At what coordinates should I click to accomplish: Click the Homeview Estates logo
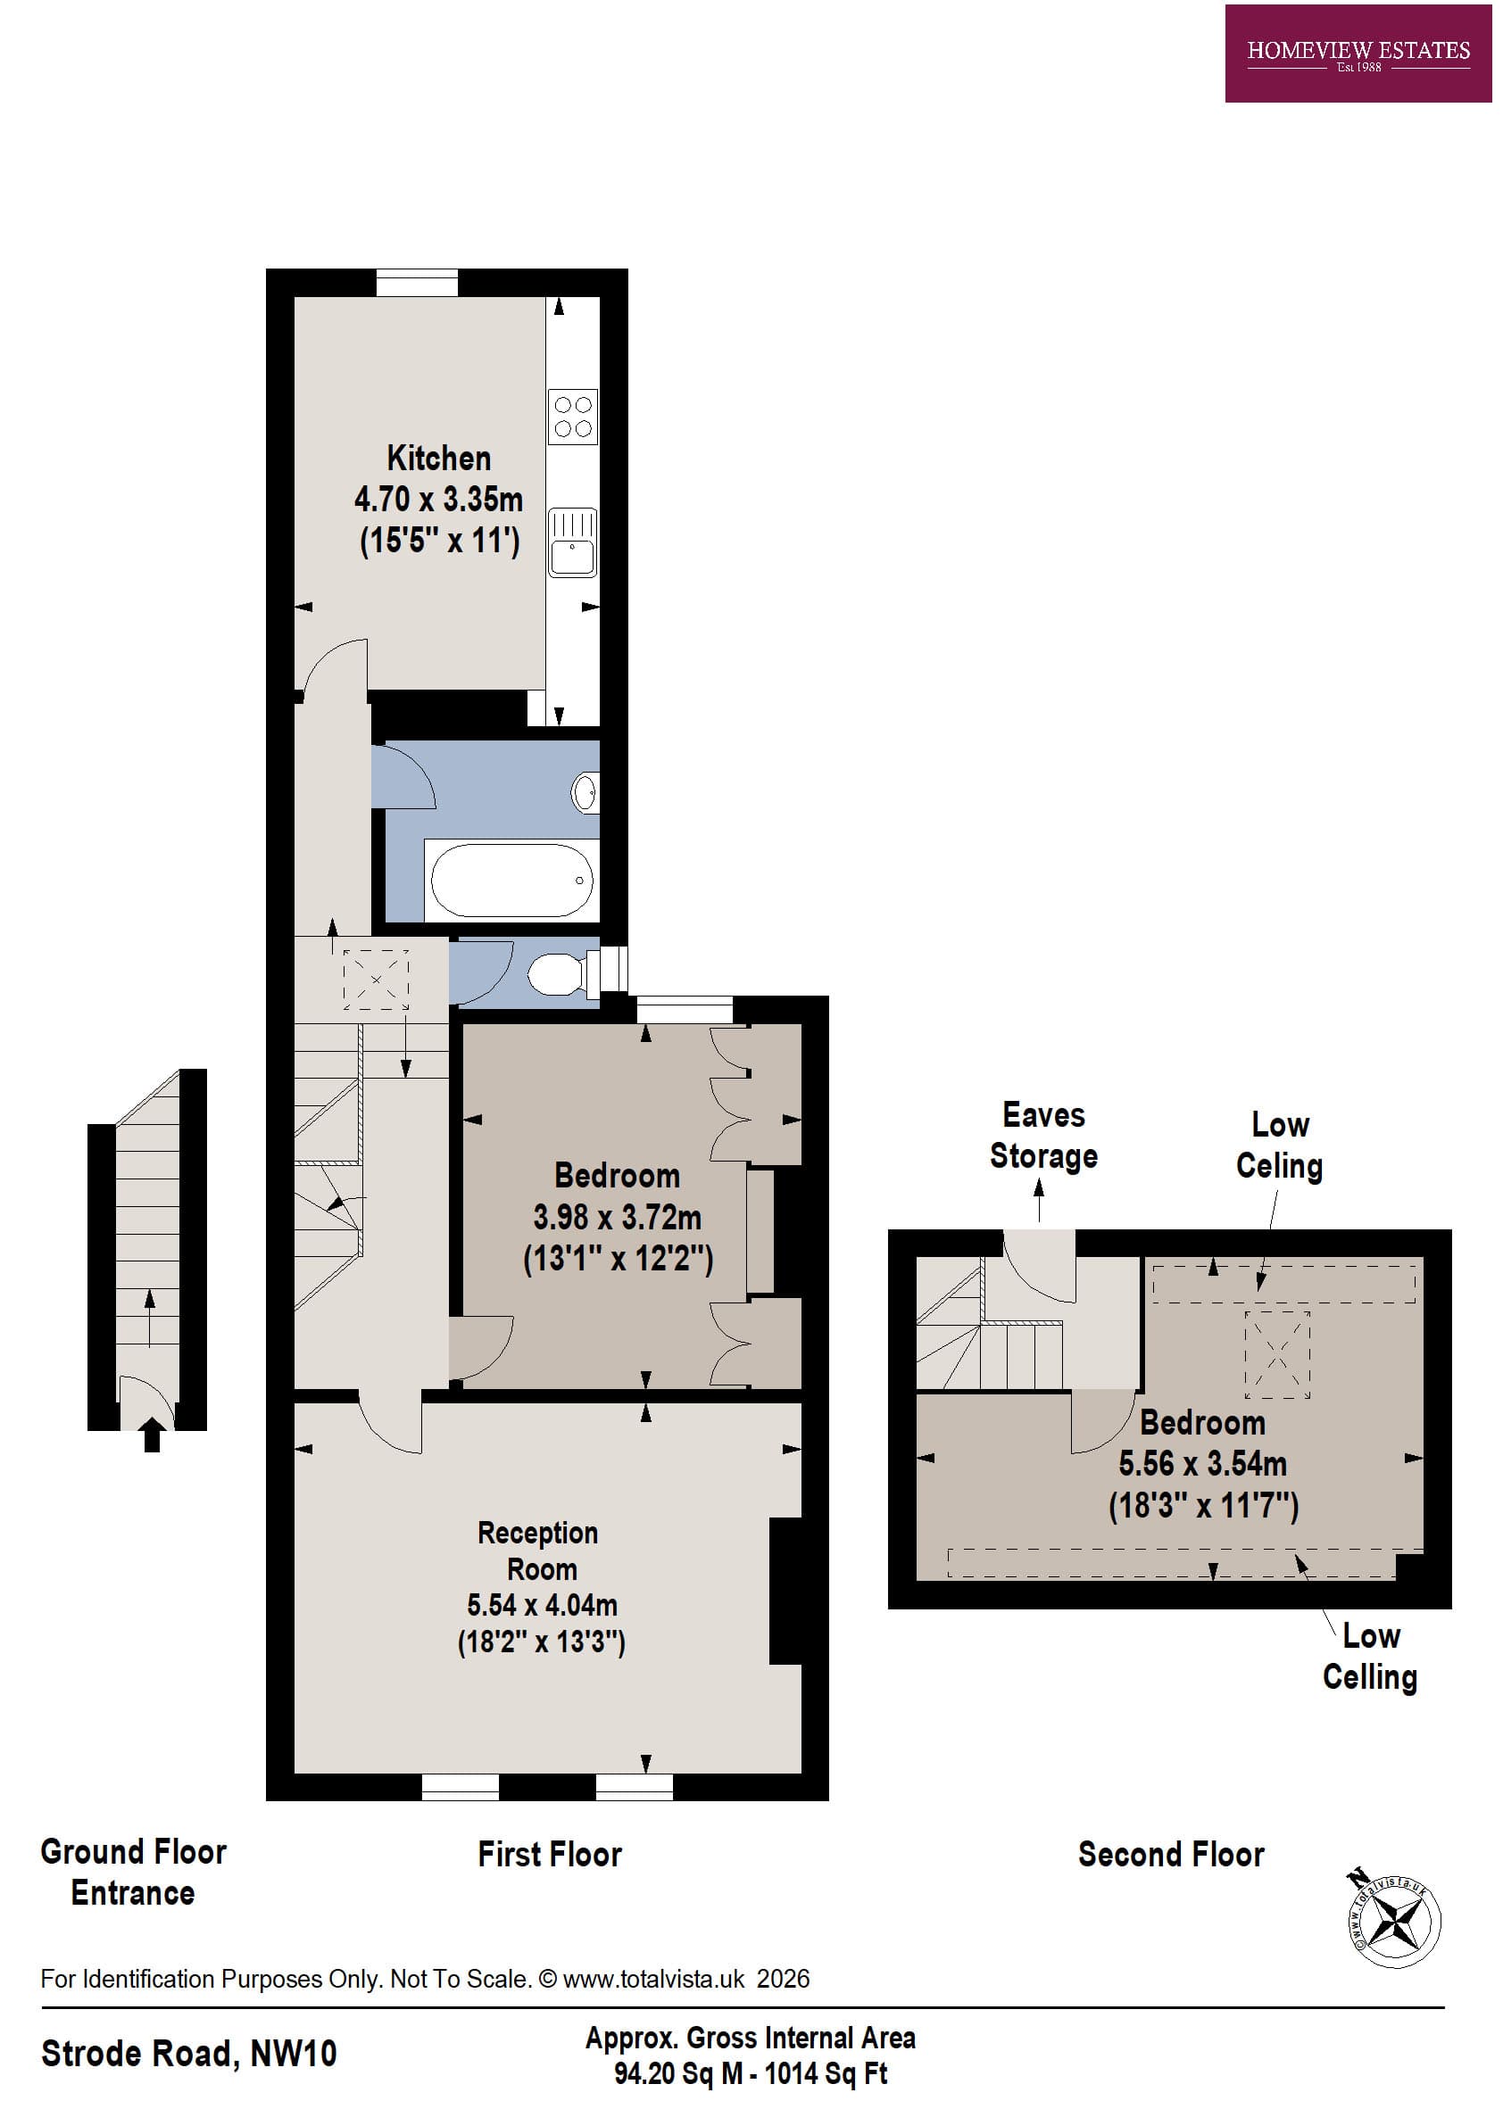point(1357,54)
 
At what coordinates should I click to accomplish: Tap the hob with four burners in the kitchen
point(572,418)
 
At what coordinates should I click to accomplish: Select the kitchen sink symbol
point(572,542)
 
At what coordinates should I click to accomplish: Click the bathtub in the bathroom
point(511,880)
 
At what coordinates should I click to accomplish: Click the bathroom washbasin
point(585,793)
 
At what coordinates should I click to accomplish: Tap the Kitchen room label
point(439,459)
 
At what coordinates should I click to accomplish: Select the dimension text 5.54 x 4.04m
point(542,1604)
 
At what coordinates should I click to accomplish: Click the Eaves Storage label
point(1043,1135)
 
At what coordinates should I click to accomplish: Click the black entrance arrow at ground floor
point(153,1435)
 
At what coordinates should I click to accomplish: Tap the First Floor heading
point(549,1855)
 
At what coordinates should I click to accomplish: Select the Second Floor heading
point(1171,1855)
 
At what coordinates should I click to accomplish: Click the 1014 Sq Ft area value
point(826,2074)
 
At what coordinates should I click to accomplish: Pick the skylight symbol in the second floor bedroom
point(1276,1355)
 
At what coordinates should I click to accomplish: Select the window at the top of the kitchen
point(417,282)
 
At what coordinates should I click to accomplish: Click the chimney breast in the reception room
point(785,1591)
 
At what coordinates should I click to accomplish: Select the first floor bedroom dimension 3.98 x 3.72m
point(617,1217)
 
